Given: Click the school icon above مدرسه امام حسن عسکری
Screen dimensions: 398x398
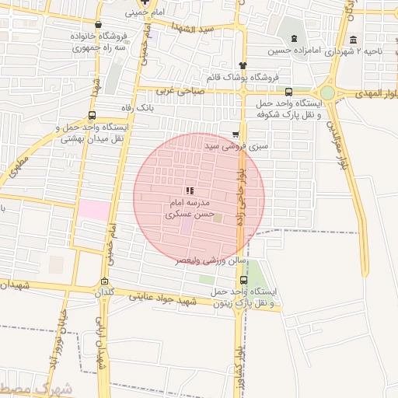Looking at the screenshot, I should [x=190, y=190].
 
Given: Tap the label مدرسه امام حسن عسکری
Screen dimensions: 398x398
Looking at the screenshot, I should [x=189, y=206].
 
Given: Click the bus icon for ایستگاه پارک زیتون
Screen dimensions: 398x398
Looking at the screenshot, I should [x=244, y=280].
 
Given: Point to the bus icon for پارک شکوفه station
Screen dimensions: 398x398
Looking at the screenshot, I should [x=289, y=91].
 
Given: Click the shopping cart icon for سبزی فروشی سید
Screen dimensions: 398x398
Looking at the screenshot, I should [x=236, y=134].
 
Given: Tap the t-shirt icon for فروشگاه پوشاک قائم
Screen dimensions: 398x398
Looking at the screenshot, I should [x=243, y=65].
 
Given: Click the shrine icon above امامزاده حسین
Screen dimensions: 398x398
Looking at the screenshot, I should [x=293, y=40].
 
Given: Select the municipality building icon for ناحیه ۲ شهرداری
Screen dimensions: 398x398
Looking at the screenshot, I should [x=354, y=40].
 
